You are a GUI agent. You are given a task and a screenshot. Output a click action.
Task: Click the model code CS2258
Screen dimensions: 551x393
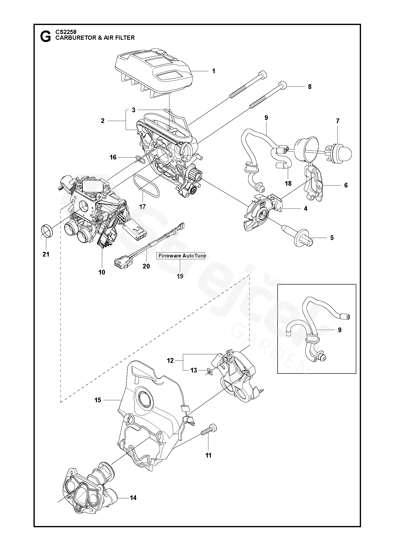66,32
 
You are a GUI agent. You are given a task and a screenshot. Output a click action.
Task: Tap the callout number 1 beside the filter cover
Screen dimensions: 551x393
213,71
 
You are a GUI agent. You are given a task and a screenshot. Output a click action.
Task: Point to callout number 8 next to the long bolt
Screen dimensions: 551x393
310,87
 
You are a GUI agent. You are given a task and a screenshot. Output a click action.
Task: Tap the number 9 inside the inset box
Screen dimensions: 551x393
340,330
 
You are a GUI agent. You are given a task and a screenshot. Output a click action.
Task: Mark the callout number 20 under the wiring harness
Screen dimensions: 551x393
146,266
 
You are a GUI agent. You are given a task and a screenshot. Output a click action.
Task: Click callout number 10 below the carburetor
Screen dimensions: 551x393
102,272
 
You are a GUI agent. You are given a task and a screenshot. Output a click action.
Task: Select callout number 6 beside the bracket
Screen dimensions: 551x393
346,185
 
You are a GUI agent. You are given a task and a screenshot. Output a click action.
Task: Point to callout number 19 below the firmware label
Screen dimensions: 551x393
180,276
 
